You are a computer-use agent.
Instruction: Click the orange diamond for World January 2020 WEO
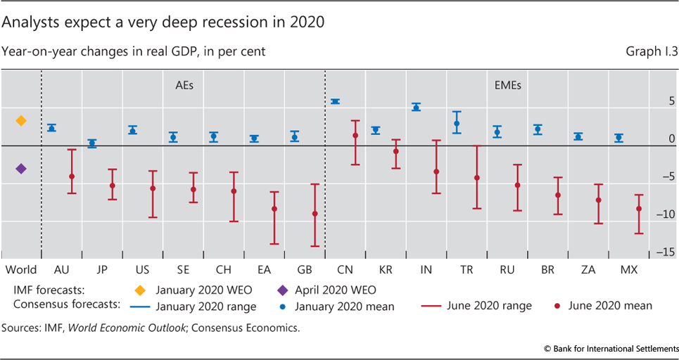21,121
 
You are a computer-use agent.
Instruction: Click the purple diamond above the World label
21,169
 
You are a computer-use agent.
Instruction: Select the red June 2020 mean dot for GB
315,214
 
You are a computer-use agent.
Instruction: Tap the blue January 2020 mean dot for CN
336,102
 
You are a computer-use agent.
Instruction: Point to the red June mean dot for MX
639,209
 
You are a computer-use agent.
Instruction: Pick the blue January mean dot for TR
457,123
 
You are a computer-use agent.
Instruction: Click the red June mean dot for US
153,188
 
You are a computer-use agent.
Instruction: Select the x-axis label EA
254,270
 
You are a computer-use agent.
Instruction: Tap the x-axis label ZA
578,270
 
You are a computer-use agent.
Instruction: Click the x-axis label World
20,270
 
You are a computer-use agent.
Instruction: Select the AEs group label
184,86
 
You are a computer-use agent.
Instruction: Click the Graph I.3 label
647,51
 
